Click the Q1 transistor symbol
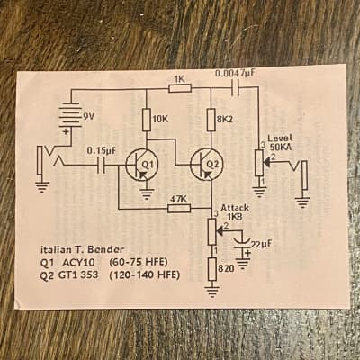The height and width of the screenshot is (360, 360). [139, 165]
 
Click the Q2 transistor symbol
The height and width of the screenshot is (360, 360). [207, 165]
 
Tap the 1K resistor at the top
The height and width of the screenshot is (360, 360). [180, 88]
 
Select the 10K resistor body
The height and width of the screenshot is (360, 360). [147, 120]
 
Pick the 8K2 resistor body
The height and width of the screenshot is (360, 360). [211, 120]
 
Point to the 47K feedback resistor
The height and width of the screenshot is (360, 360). [179, 208]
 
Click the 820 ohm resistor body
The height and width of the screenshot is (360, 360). [212, 269]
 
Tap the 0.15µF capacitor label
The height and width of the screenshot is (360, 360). [101, 150]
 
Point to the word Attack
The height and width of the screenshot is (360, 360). [235, 208]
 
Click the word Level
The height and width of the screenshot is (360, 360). [280, 139]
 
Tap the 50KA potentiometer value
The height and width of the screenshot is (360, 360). [280, 147]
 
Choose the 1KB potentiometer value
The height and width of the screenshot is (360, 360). [236, 217]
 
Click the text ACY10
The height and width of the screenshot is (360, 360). [78, 263]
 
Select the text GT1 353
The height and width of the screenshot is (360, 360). [78, 274]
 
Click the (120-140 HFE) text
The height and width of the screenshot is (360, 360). [145, 274]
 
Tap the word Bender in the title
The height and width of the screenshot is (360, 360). [109, 249]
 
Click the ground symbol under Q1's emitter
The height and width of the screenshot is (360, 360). [147, 194]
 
